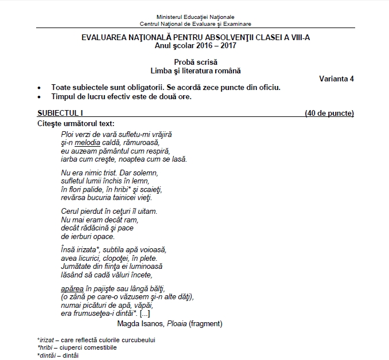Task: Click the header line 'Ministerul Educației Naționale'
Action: point(194,17)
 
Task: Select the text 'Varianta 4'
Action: point(336,79)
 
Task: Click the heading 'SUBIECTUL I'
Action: point(59,113)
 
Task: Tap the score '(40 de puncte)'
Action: point(329,113)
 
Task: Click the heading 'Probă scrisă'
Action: point(195,62)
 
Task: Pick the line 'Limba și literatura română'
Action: point(195,71)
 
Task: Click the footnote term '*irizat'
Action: point(47,340)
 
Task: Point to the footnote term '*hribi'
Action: point(46,347)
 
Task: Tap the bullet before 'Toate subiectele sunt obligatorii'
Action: point(38,88)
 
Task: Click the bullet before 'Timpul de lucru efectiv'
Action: point(38,97)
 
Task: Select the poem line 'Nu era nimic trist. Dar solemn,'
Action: point(109,172)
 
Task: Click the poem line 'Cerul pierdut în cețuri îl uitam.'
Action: point(109,211)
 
